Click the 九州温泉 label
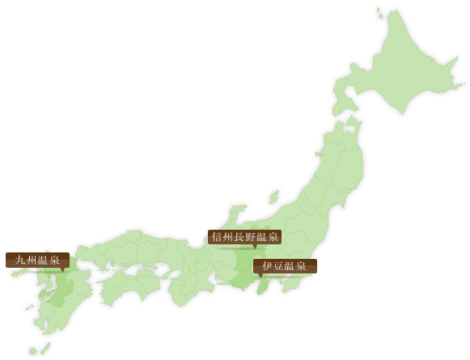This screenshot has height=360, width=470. pos(37,260)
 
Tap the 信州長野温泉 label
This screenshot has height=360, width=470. pos(244,237)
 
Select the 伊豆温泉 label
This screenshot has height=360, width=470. pos(284,266)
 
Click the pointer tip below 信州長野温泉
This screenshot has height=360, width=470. pos(254,248)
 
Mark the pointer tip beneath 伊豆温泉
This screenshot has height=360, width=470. pos(260,277)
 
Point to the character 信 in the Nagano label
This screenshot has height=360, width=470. pos(216,237)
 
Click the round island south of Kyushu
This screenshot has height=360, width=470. pos(33,351)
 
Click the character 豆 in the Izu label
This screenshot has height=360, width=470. pos(278,266)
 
